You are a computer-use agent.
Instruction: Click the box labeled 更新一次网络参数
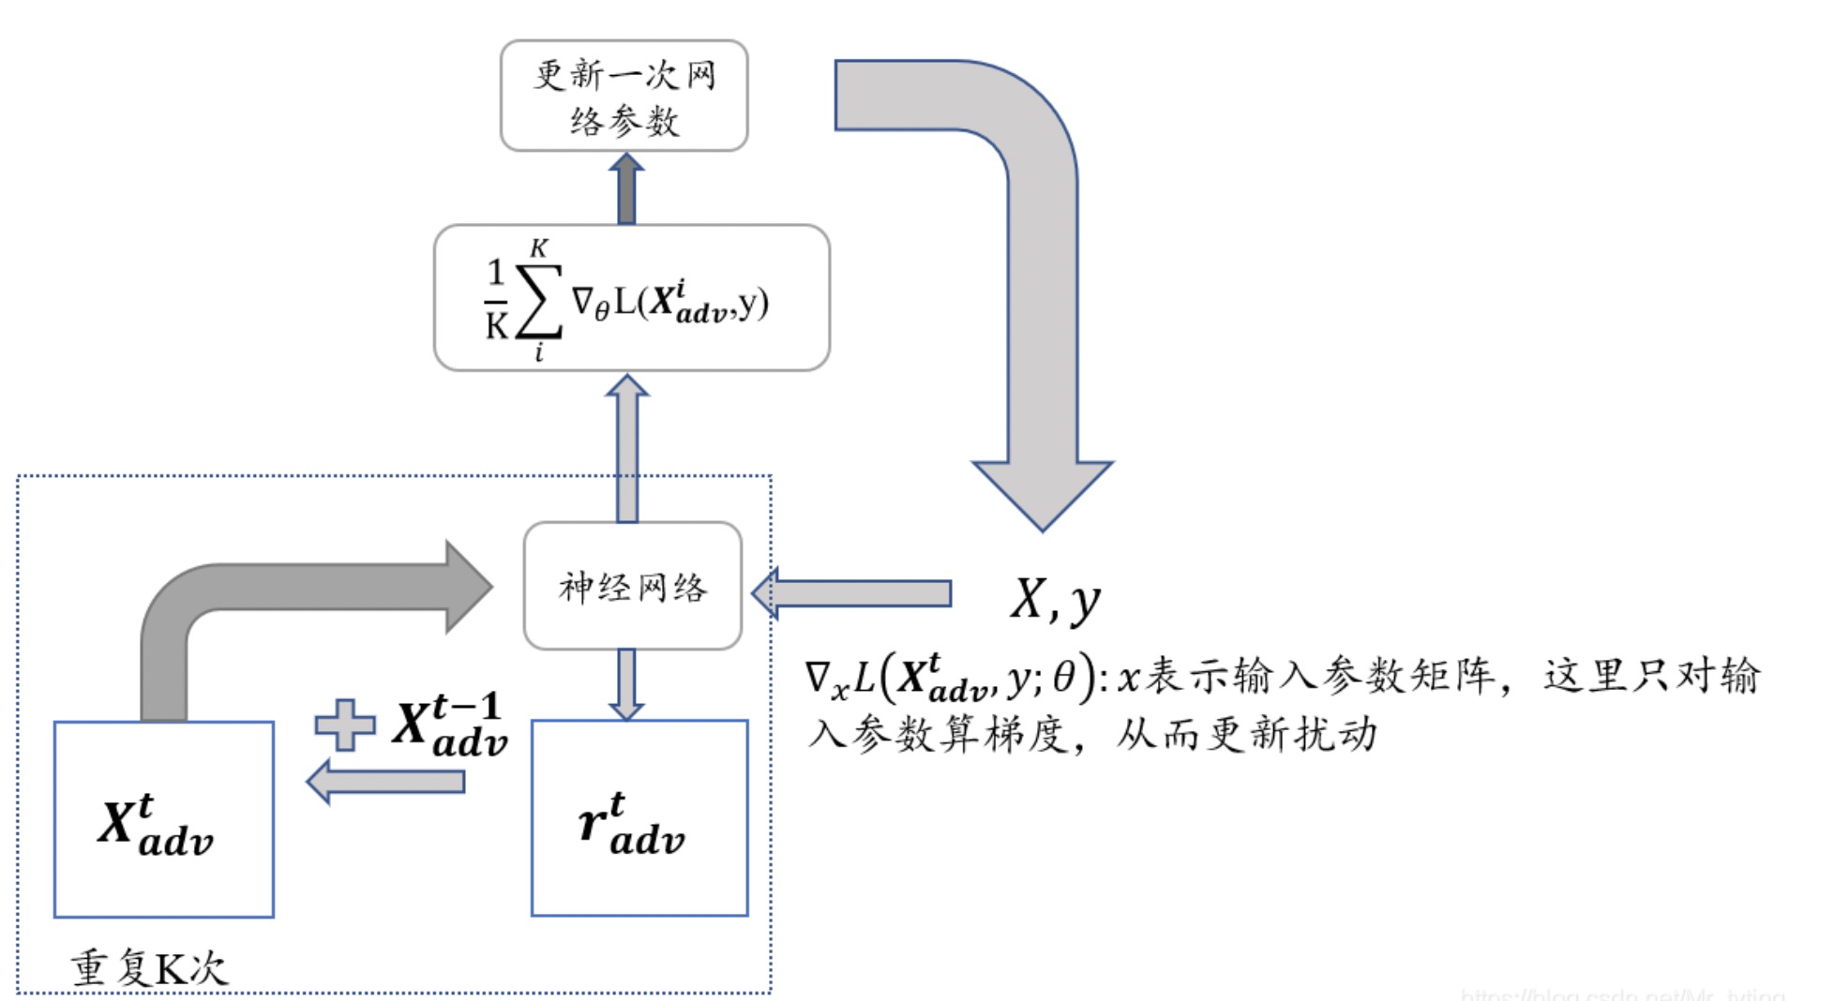(624, 96)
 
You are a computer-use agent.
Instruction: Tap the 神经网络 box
(633, 587)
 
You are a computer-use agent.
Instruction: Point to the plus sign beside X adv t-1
(344, 725)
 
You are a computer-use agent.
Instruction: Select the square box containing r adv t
(639, 817)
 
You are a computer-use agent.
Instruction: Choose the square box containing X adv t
(163, 819)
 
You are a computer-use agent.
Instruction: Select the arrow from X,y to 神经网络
(853, 593)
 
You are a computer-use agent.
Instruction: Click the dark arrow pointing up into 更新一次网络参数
(626, 189)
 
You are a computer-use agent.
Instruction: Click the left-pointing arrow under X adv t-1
(386, 781)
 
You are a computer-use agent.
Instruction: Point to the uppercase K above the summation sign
(538, 248)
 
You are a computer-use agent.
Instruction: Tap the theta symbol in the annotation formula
(1063, 677)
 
